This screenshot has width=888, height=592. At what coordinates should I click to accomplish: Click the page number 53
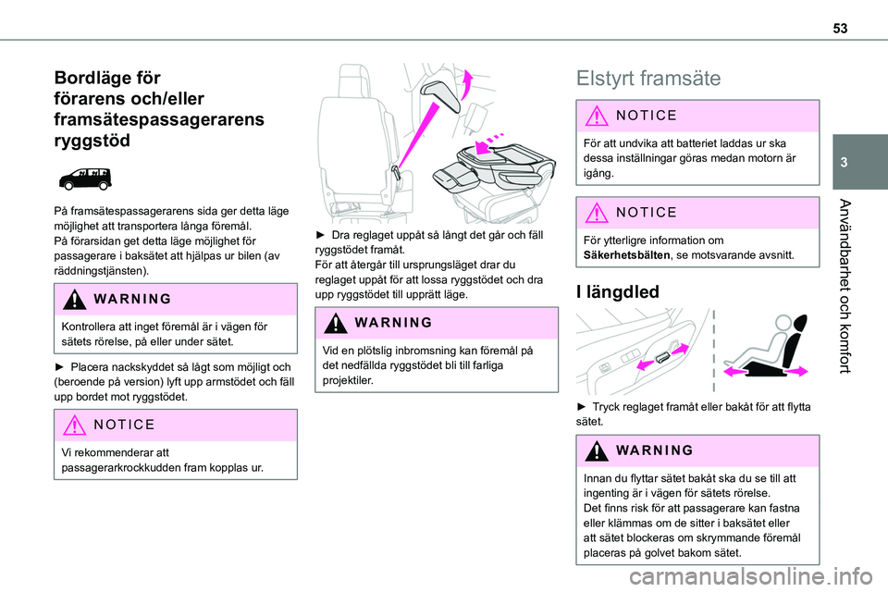840,29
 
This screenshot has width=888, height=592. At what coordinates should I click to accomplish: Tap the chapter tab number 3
844,163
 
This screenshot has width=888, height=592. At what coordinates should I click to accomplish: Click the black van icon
85,179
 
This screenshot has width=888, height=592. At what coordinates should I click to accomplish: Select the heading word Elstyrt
611,79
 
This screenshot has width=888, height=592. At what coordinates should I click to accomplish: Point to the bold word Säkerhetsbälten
626,255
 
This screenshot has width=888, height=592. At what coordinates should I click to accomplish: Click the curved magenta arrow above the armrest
466,84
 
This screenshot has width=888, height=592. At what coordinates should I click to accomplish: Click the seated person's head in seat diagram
783,323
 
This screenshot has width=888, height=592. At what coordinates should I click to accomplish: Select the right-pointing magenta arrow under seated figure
796,371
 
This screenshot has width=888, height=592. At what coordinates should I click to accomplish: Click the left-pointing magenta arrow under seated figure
735,371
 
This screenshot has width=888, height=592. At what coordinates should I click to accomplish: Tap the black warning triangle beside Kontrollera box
74,299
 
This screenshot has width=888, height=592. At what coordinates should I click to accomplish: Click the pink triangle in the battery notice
597,116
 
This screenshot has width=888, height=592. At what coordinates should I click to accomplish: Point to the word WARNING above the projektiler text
394,322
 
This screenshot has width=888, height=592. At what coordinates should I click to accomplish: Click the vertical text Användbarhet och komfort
845,286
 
